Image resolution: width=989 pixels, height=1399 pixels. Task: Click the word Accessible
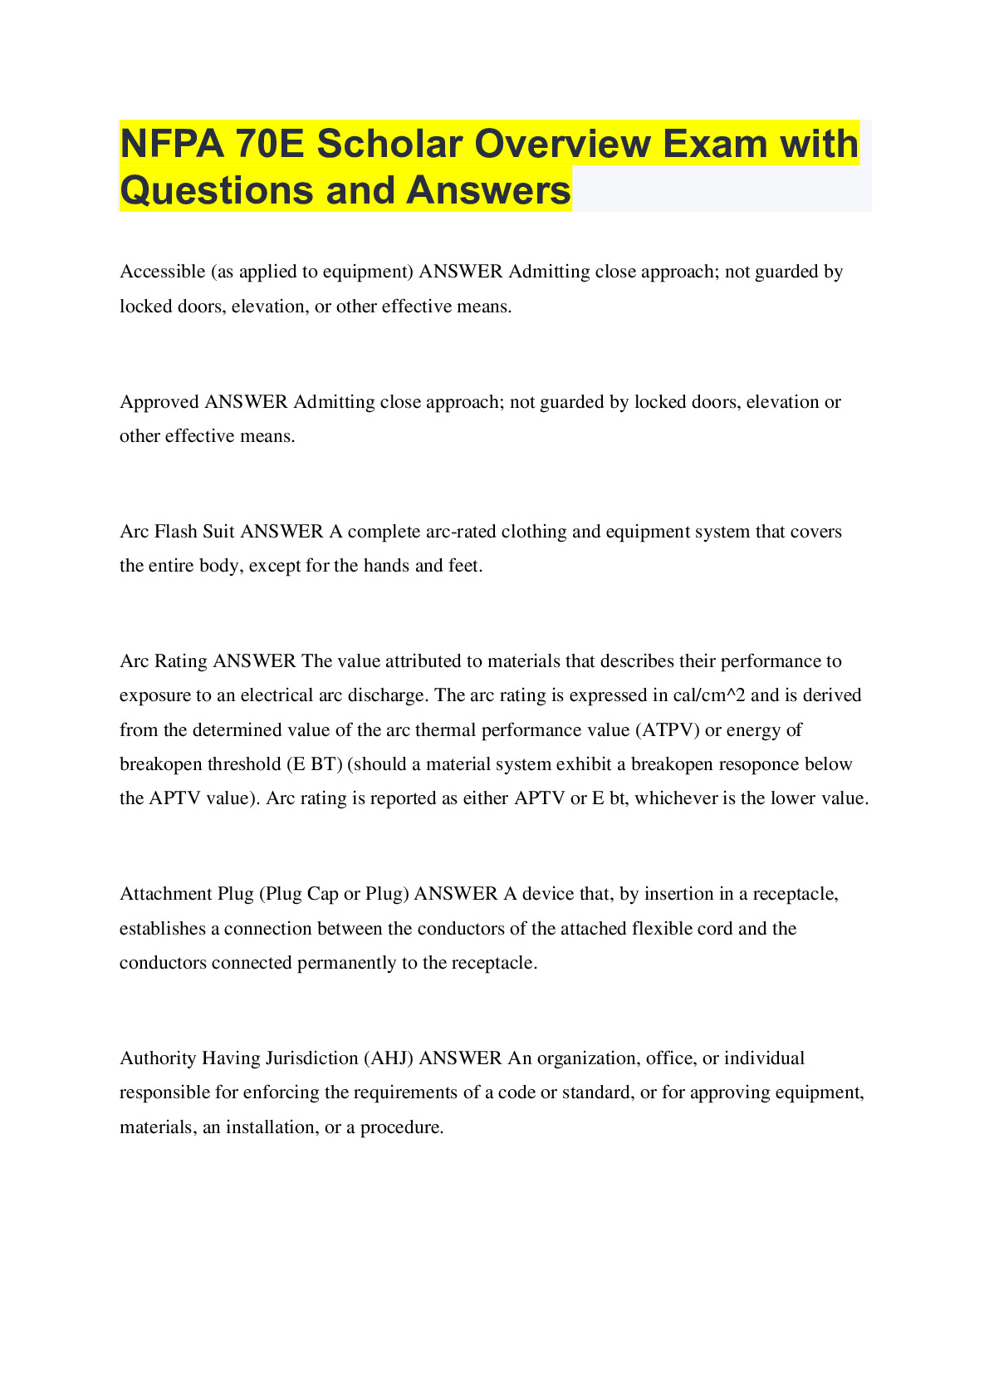[163, 272]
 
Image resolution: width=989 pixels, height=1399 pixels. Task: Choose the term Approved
[159, 402]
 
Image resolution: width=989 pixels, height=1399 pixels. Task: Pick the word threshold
[244, 764]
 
